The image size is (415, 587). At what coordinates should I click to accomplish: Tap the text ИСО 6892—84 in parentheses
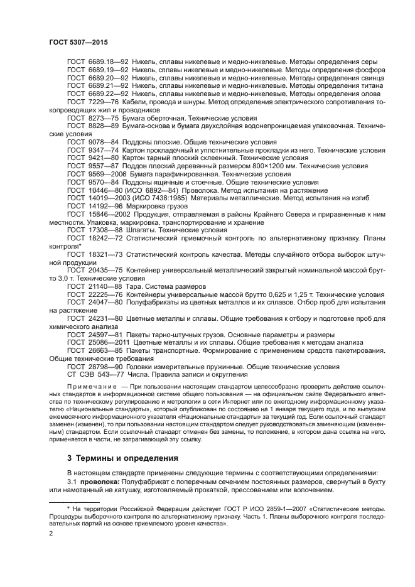pyautogui.click(x=158, y=190)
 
